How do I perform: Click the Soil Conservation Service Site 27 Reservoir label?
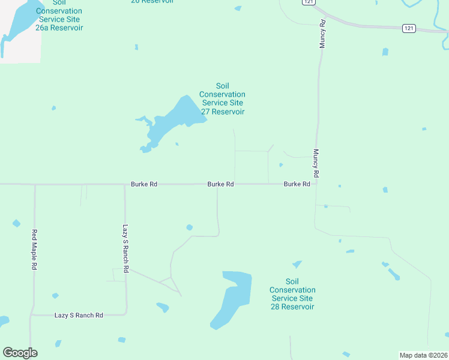click(x=222, y=99)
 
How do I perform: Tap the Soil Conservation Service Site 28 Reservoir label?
click(x=292, y=294)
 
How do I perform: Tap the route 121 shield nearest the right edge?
click(x=408, y=28)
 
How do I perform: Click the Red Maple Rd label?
click(x=35, y=250)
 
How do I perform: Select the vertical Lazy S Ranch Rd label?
click(x=126, y=250)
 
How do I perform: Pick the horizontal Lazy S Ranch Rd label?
click(x=79, y=315)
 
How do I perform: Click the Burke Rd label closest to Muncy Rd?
click(x=297, y=184)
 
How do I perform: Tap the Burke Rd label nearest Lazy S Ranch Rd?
click(x=144, y=184)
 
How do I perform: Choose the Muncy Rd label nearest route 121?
click(x=322, y=34)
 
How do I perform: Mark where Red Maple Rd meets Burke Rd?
click(x=35, y=184)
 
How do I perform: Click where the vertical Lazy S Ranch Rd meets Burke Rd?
click(x=125, y=184)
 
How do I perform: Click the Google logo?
click(x=20, y=353)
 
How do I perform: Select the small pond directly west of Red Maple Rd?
click(x=16, y=224)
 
